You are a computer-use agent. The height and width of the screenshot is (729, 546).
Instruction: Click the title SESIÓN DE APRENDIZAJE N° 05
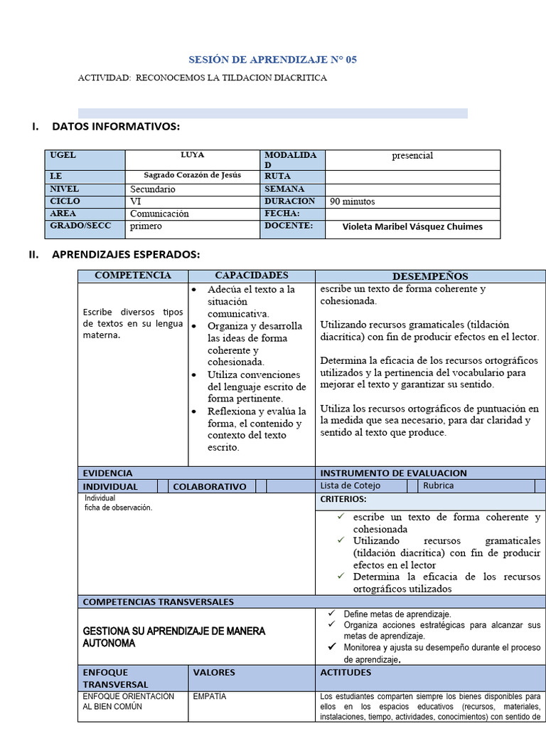tap(272, 60)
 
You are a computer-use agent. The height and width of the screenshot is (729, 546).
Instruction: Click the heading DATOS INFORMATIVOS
tap(116, 127)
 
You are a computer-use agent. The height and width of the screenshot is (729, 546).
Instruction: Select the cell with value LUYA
tap(192, 155)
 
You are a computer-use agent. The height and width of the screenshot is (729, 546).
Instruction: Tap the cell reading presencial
tap(412, 156)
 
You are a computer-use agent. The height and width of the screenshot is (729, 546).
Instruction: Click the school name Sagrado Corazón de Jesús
tap(192, 176)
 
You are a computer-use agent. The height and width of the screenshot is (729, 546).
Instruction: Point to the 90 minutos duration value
tap(352, 201)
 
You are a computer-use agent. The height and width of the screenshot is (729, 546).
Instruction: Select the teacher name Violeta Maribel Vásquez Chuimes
tap(412, 227)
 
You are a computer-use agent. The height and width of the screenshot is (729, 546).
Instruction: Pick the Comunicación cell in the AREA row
tap(159, 214)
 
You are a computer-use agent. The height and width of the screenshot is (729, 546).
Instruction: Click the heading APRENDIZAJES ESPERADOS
tap(126, 254)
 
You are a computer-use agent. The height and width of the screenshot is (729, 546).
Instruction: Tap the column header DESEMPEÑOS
tap(430, 276)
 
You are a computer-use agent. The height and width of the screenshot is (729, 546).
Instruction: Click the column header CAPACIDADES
tap(252, 276)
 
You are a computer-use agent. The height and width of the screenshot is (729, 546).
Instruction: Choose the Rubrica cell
tap(438, 486)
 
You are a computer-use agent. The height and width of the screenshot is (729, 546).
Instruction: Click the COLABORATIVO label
tap(209, 486)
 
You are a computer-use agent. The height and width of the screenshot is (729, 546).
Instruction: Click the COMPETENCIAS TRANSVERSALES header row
tap(158, 602)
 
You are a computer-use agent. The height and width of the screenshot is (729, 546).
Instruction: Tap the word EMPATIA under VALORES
tap(209, 697)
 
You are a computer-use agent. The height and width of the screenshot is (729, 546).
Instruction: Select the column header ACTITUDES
tap(346, 672)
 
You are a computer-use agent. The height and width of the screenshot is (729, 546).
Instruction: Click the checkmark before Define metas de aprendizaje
tap(331, 613)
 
